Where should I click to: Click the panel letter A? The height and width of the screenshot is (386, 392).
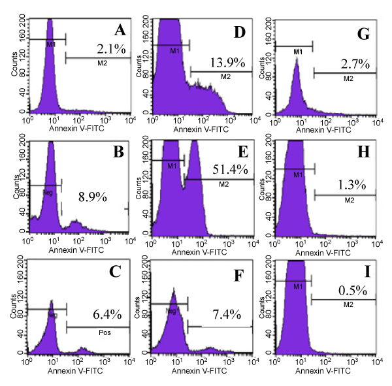(x=119, y=30)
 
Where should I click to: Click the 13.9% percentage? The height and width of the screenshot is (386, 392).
(x=228, y=63)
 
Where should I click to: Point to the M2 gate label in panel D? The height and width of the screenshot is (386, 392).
(x=226, y=77)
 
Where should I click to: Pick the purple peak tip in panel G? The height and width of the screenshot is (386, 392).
(x=297, y=59)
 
